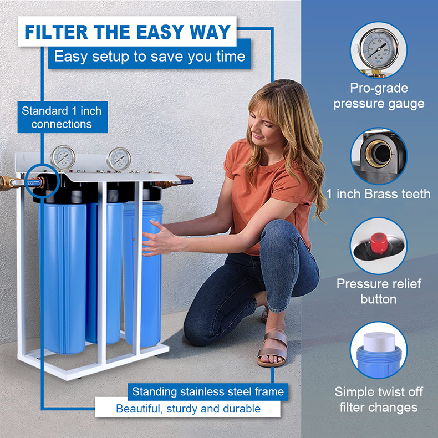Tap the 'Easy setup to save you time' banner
pos(150,57)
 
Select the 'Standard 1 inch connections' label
pos(62,118)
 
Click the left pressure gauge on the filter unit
pos(63,157)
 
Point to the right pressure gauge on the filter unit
pos(119,159)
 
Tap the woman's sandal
pos(273,349)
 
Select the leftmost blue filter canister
pos(63,278)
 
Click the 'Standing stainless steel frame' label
pos(208,391)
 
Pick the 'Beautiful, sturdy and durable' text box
pos(188,409)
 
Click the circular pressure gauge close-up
pos(379,50)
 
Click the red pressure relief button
pos(379,243)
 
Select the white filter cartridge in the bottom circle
pos(379,342)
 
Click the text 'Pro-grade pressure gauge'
pos(379,96)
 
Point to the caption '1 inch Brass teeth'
pos(379,194)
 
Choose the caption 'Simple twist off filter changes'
pos(379,399)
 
